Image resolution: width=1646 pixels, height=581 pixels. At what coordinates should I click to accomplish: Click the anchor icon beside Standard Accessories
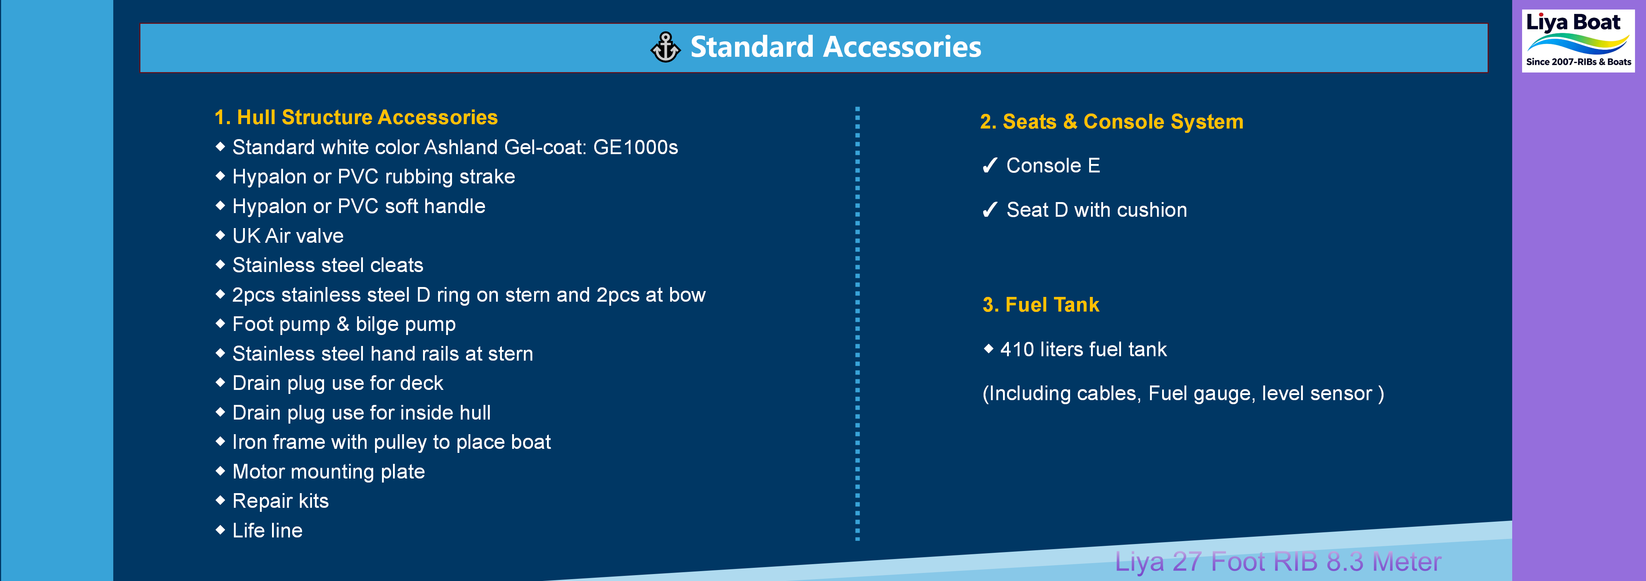[665, 47]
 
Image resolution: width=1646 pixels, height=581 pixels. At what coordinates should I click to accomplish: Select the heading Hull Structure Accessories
[356, 118]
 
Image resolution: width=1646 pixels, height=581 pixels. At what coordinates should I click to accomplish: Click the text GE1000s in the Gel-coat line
[635, 148]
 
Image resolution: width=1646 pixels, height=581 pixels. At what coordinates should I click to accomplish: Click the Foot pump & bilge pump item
[344, 324]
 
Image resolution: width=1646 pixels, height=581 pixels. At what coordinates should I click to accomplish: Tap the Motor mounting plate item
[328, 472]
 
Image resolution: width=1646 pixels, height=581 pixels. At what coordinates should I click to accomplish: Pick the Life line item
[267, 530]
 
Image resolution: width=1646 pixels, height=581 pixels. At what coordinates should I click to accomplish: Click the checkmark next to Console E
[990, 166]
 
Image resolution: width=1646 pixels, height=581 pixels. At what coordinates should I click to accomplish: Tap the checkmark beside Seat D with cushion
[990, 210]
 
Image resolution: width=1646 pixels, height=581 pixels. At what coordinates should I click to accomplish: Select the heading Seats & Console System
[1112, 122]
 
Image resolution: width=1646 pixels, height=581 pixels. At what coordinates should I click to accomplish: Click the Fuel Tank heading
[1041, 305]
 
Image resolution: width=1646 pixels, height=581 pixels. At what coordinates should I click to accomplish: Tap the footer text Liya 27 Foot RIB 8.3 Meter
[1278, 562]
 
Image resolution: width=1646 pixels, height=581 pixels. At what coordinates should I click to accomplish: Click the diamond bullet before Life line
[220, 530]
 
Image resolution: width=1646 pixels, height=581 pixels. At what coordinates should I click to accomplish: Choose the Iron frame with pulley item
[391, 443]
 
